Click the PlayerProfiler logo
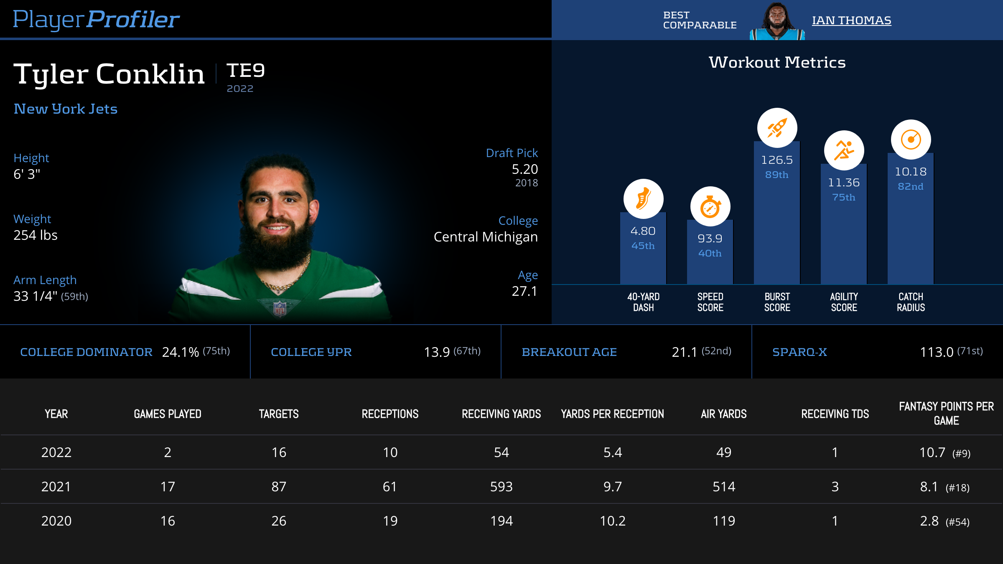96,19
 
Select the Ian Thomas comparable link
851,20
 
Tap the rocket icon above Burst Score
777,128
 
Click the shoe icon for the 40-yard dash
643,199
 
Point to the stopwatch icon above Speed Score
710,206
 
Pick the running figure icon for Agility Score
844,150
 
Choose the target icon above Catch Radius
911,140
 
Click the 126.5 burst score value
777,160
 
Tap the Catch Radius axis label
911,302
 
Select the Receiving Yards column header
501,414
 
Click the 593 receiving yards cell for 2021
501,487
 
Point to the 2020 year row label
56,521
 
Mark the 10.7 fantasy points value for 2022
932,452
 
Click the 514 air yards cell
724,487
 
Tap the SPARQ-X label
799,352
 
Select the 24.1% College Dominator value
181,352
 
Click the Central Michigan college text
486,237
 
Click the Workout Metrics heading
777,63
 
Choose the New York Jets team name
66,109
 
